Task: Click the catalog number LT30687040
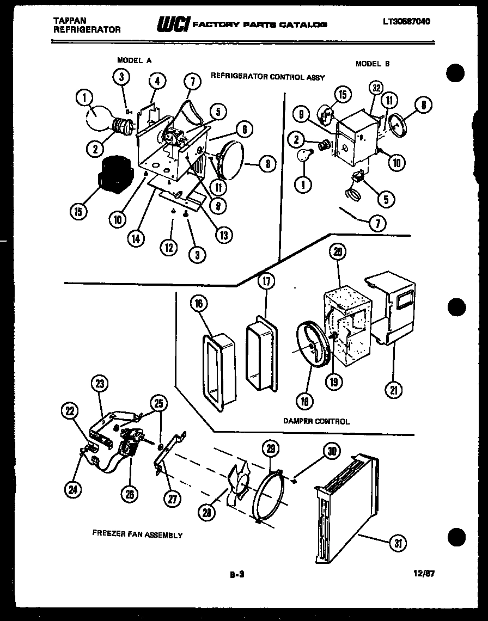[406, 22]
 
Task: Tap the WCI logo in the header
[172, 24]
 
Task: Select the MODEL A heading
[134, 60]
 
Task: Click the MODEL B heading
[373, 64]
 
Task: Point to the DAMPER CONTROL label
[316, 421]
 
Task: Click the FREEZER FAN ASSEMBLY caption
[137, 534]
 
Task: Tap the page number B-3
[237, 574]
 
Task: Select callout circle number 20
[338, 251]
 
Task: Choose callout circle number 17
[266, 281]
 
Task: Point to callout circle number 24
[72, 489]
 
